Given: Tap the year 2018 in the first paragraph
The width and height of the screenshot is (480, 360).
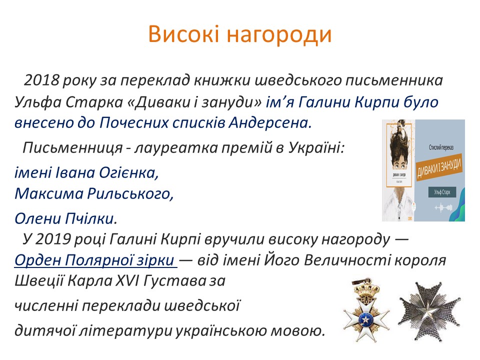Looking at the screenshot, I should (41, 80).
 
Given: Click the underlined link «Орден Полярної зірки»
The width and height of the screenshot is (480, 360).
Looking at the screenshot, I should (95, 260).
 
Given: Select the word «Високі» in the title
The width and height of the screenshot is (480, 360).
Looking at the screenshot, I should (182, 34).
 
